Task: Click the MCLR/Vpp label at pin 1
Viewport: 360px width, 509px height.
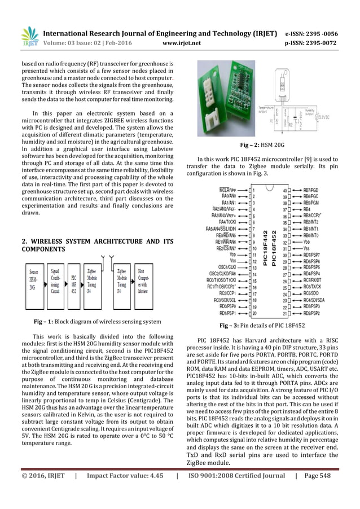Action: tap(236, 190)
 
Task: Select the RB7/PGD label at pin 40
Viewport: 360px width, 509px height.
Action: tap(311, 190)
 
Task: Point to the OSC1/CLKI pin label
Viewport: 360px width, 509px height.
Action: tap(233, 267)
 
